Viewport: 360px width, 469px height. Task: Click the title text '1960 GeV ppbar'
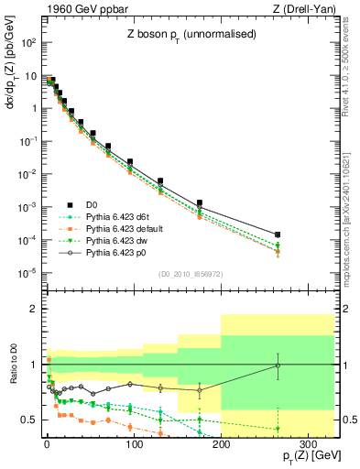click(x=80, y=9)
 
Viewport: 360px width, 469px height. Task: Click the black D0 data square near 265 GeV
click(x=278, y=235)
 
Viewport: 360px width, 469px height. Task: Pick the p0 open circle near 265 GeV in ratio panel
click(x=278, y=365)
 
